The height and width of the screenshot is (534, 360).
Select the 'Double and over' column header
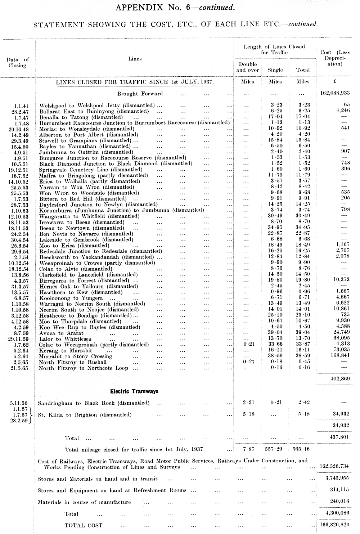(x=247, y=67)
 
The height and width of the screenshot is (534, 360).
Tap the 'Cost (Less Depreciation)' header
(x=335, y=58)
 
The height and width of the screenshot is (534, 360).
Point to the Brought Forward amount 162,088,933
(x=334, y=93)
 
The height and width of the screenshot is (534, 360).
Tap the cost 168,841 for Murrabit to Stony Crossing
(x=338, y=356)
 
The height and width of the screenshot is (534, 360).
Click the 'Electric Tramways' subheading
(x=134, y=391)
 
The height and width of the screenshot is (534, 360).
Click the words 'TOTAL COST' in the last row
(x=83, y=525)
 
